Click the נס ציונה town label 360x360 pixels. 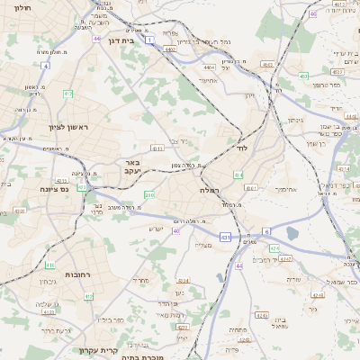click(56, 189)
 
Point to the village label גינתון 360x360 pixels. click(294, 120)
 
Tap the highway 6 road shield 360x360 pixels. click(266, 232)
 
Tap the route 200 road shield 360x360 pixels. click(148, 194)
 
